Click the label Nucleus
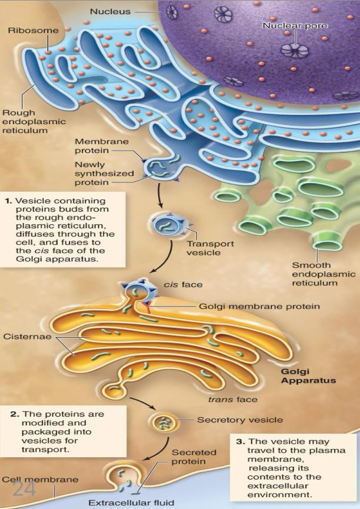point(110,12)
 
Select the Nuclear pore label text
point(294,26)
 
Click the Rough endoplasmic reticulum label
point(26,121)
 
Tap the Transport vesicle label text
point(209,248)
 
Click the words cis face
point(183,285)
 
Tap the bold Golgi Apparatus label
point(308,376)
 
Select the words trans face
point(229,400)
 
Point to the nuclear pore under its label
point(294,50)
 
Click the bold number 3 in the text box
point(240,441)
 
